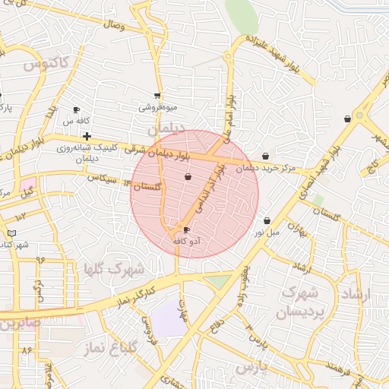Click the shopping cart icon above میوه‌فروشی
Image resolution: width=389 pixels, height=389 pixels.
coord(157,96)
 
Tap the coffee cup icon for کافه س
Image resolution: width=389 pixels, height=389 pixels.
coord(76,110)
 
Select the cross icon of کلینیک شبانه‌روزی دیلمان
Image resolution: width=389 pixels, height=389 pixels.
coord(87,135)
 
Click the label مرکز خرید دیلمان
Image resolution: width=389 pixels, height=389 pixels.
coord(264,168)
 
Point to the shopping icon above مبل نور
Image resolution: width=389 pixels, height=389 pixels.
coord(267,220)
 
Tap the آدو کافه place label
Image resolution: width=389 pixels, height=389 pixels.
coord(187,240)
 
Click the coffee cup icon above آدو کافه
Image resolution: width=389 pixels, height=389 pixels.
coord(187,229)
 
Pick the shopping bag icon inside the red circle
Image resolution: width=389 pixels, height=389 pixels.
coord(188,177)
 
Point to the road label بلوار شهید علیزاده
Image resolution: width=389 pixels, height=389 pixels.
coord(278,52)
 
